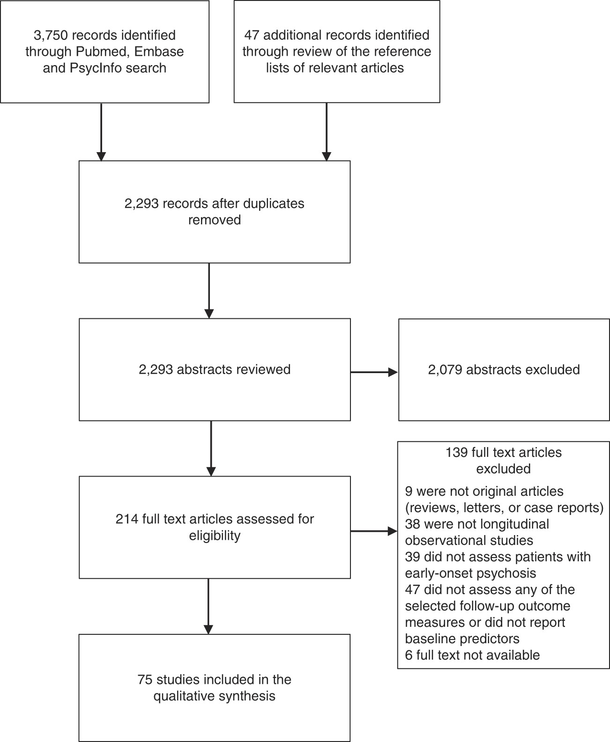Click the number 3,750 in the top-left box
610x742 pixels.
[x=49, y=35]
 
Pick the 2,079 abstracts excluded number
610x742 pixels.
[x=445, y=370]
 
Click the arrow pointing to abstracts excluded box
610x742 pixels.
[x=375, y=372]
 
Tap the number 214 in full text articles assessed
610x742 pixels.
[x=126, y=519]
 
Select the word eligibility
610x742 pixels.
[x=215, y=536]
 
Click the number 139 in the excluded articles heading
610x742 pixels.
[x=456, y=453]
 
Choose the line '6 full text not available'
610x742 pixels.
[x=472, y=655]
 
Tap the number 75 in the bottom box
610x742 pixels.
[x=145, y=680]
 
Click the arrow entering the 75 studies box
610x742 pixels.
[x=208, y=609]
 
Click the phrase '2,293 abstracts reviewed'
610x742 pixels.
[x=215, y=370]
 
